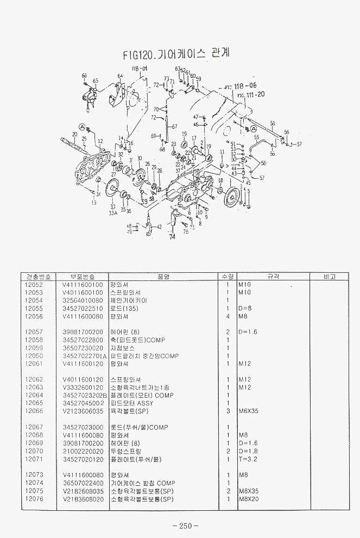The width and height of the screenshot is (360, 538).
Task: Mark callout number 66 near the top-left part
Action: pyautogui.click(x=84, y=76)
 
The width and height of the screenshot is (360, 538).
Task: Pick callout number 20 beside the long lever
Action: pyautogui.click(x=74, y=134)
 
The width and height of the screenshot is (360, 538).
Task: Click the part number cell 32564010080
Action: pyautogui.click(x=83, y=300)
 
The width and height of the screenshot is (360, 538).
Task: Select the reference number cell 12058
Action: pyautogui.click(x=34, y=340)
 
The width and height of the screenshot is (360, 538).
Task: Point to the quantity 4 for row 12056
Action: pyautogui.click(x=228, y=316)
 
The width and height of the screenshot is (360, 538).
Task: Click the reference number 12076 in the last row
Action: pyautogui.click(x=34, y=498)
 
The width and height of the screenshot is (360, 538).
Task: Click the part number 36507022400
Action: pyautogui.click(x=83, y=483)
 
